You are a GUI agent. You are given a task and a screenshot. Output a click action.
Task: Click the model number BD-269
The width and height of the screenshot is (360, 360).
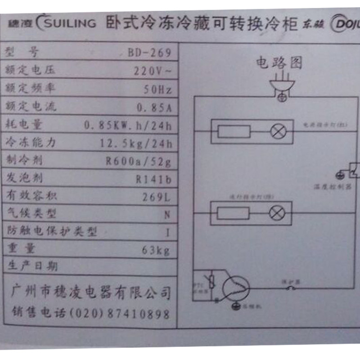click(149, 53)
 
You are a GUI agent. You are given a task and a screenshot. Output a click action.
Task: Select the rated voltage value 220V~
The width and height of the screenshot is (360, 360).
click(153, 71)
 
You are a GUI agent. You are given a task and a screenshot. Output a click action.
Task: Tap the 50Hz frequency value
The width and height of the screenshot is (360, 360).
click(157, 90)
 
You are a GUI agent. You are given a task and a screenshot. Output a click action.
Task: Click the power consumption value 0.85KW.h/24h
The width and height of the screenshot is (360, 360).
click(128, 126)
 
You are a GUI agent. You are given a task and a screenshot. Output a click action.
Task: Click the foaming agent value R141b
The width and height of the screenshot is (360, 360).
click(153, 180)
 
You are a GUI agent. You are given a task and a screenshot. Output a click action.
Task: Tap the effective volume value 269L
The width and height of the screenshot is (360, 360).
click(157, 197)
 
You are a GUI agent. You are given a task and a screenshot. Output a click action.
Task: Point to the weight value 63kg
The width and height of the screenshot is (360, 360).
click(156, 251)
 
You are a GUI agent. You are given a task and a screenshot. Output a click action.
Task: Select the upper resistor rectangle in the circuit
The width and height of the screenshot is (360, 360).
click(234, 131)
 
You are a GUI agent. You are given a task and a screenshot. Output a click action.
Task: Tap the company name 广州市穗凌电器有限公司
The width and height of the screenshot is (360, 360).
click(90, 292)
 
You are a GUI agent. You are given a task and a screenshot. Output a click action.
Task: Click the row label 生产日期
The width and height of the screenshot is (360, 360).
click(31, 266)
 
